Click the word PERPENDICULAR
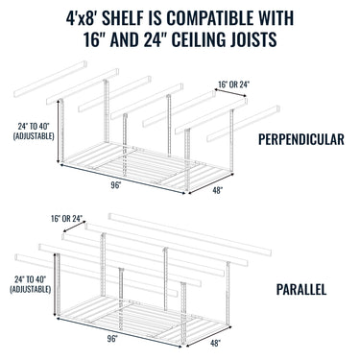pos(301,140)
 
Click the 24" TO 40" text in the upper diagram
pos(32,125)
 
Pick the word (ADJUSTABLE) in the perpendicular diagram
pos(32,135)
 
